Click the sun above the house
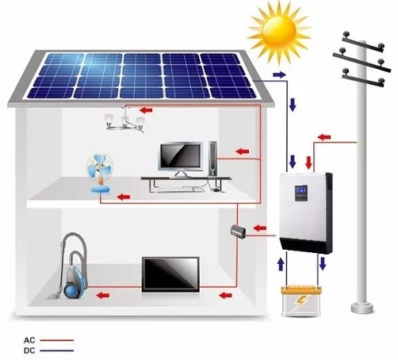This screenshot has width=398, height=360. pos(279,31)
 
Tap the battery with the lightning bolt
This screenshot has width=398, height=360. pos(301,301)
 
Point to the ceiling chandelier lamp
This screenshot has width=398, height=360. pos(124,121)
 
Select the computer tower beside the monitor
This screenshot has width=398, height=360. pos(212,159)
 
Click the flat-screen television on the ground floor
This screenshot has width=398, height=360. pos(170,274)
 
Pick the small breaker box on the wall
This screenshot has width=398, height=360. pos(239,232)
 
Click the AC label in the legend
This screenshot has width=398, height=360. pos(29,340)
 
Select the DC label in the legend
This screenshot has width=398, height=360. pos(29,350)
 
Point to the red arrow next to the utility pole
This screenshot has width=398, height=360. pos(324,137)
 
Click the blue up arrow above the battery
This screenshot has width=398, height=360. pos(281,265)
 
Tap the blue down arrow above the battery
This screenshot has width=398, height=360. pos(322,264)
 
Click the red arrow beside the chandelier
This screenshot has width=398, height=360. pos(146,109)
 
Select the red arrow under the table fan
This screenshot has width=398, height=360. pos(124,197)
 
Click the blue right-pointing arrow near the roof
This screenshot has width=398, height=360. pos(280,75)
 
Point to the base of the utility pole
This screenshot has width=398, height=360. pos(362,308)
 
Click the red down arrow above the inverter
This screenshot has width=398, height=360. pos(308,163)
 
